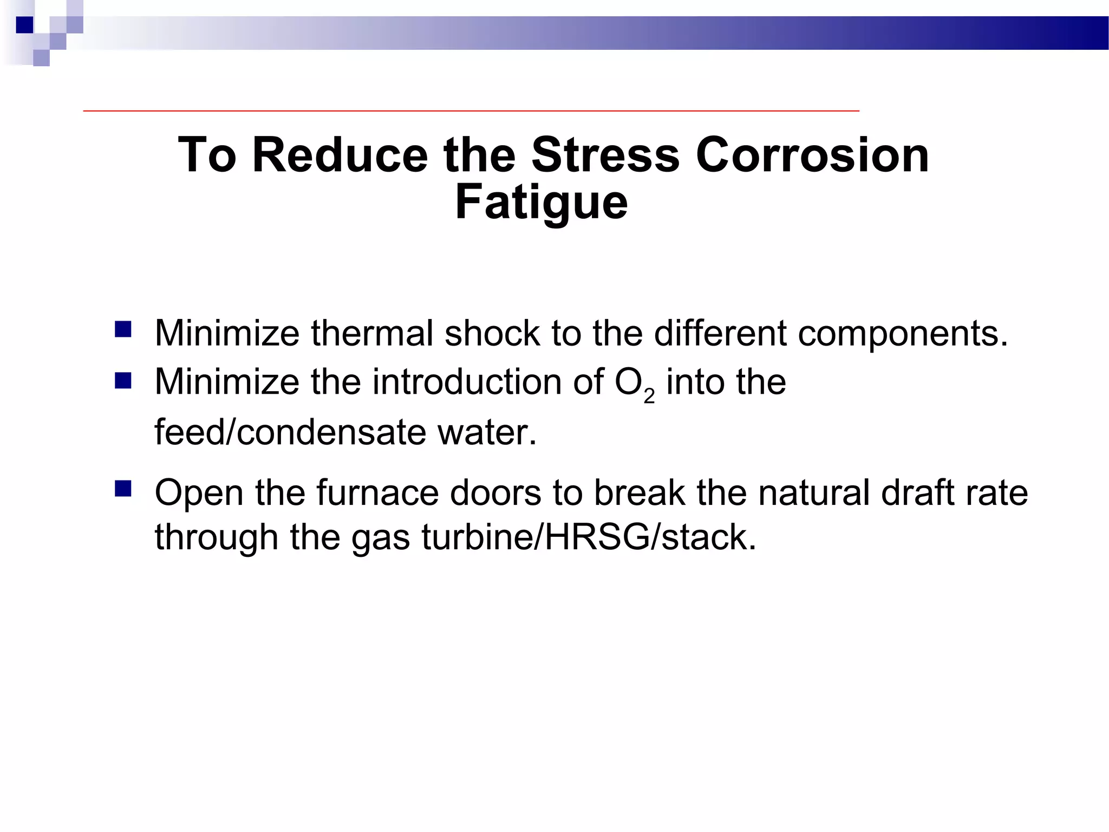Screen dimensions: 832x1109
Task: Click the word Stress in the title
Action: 605,155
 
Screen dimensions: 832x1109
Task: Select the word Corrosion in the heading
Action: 812,155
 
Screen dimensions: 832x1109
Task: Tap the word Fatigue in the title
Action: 541,203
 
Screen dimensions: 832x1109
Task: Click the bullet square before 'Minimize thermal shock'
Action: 123,330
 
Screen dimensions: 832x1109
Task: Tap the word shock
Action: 492,333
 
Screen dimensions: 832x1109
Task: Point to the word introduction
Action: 467,382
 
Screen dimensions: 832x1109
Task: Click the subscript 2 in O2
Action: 649,397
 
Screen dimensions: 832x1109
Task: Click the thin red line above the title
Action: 471,110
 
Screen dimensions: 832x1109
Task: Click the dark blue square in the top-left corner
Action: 25,25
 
